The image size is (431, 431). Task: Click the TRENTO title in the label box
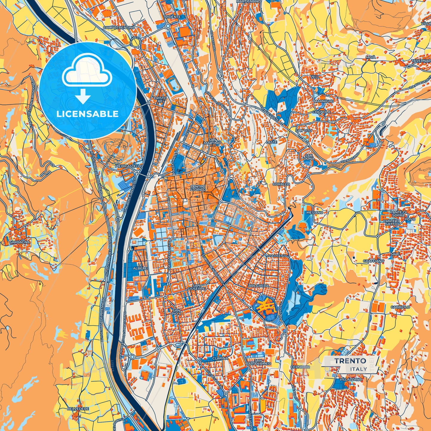pyautogui.click(x=350, y=361)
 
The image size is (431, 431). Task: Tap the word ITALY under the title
pyautogui.click(x=359, y=369)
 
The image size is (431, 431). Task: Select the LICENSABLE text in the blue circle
pyautogui.click(x=87, y=114)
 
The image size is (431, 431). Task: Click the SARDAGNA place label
pyautogui.click(x=20, y=242)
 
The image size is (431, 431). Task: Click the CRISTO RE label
pyautogui.click(x=160, y=100)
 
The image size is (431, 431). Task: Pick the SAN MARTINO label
pyautogui.click(x=215, y=141)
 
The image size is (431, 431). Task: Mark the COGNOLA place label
pyautogui.click(x=321, y=112)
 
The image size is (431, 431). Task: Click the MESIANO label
pyautogui.click(x=315, y=212)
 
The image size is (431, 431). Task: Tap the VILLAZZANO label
pyautogui.click(x=350, y=379)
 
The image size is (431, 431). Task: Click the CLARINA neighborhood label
pyautogui.click(x=220, y=358)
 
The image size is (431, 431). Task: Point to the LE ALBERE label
pyautogui.click(x=142, y=267)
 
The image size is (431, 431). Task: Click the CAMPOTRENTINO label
pyautogui.click(x=119, y=27)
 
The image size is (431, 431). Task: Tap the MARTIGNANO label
pyautogui.click(x=248, y=1)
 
